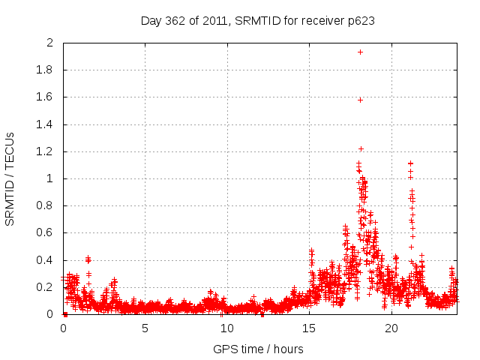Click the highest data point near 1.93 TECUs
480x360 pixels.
click(360, 52)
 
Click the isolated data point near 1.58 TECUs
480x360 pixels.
click(360, 100)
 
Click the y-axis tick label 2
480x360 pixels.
click(50, 43)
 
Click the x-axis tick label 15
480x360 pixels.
click(309, 328)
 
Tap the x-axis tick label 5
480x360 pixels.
click(145, 328)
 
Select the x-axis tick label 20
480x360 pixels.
click(391, 328)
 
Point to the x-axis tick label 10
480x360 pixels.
click(227, 328)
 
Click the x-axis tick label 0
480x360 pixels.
click(63, 328)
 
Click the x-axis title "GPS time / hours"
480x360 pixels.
click(258, 349)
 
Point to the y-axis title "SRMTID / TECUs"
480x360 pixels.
click(10, 178)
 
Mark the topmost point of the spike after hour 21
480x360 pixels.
click(410, 163)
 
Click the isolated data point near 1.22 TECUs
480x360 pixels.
click(361, 148)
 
